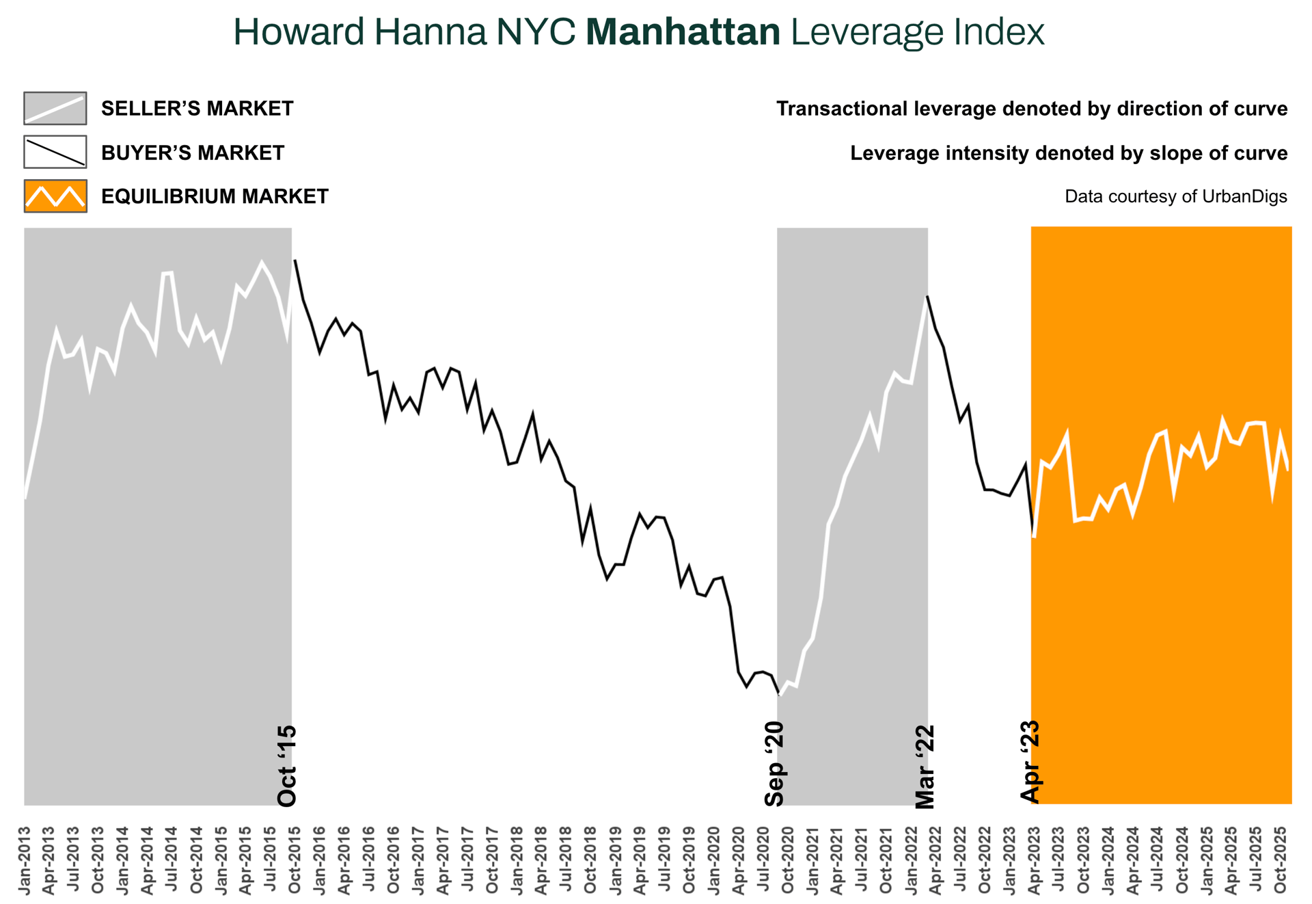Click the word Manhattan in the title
683,32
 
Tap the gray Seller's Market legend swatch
55,109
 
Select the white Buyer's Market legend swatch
55,152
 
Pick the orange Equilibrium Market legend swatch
55,196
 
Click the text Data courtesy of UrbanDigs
1175,197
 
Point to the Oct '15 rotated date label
287,766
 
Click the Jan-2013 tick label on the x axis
25,860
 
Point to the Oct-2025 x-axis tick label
1281,860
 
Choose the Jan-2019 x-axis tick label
616,860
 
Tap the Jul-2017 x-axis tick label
468,860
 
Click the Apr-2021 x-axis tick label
837,860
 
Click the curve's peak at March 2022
927,297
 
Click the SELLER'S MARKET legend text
197,109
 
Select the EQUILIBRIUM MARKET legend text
215,197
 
